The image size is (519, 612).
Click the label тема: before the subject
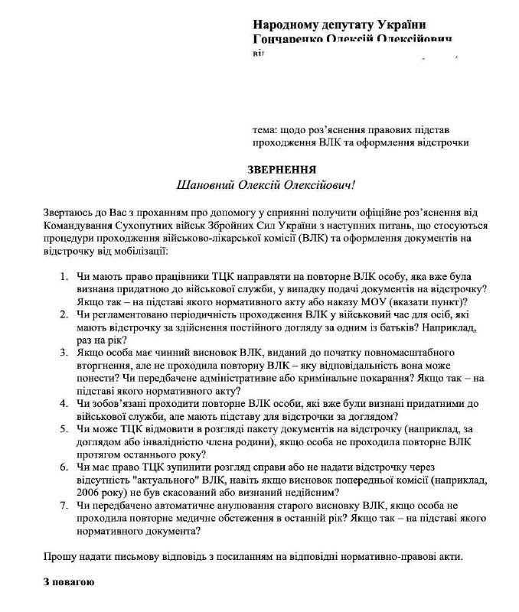pyautogui.click(x=265, y=130)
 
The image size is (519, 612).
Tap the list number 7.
pyautogui.click(x=64, y=504)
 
